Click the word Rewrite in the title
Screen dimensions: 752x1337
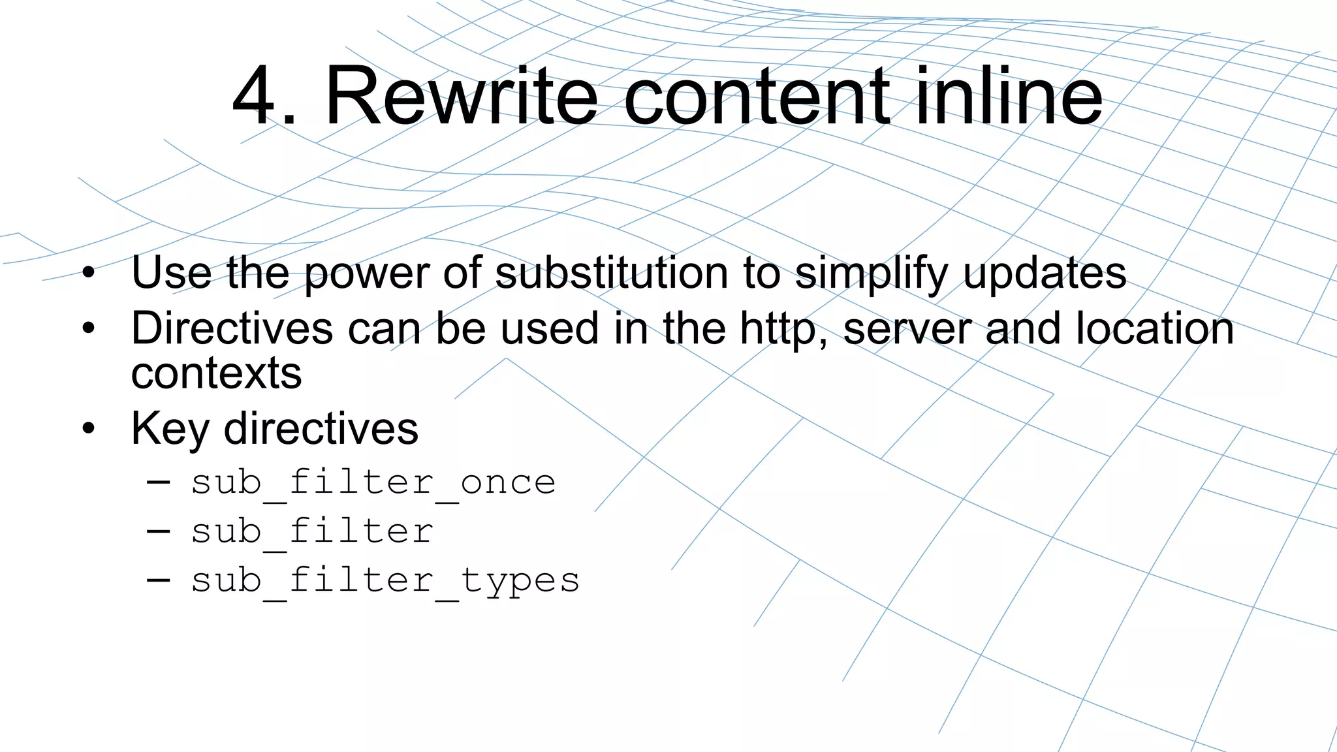461,96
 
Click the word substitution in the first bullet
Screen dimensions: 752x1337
611,272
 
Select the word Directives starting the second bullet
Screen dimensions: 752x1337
232,328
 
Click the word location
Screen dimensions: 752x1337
1154,328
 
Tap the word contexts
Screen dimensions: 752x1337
216,373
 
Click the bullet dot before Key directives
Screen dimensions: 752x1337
89,430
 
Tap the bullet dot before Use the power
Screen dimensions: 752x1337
89,273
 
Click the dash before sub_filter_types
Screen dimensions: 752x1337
159,579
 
